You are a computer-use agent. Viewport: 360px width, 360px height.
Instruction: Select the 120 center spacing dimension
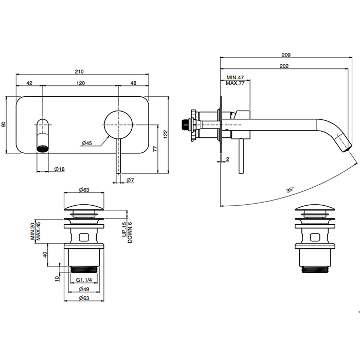81,82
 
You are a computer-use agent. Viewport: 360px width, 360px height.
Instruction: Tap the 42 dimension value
29,82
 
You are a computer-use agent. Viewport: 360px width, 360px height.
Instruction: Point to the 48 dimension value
133,82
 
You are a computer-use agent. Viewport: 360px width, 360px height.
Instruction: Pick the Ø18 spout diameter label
59,169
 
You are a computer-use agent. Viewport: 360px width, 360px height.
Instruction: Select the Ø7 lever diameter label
131,179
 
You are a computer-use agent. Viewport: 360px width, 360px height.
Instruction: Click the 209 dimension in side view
287,55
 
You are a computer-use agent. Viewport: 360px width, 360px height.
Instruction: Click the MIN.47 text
235,77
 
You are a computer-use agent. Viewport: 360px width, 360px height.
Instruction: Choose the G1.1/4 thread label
83,280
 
